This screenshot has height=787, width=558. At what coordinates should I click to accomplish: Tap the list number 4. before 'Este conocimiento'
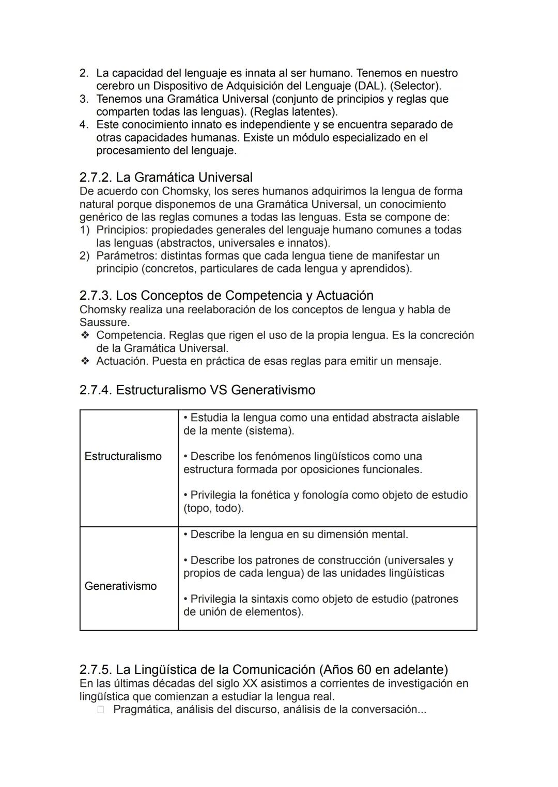84,125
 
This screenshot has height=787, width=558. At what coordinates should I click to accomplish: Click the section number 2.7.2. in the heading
96,178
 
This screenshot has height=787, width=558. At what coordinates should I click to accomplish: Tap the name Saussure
104,323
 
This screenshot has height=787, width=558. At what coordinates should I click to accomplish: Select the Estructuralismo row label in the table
123,456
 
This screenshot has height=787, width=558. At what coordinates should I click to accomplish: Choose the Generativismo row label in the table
120,586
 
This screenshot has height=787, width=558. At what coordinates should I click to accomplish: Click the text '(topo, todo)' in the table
213,508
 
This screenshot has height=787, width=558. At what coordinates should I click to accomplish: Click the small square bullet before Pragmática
101,710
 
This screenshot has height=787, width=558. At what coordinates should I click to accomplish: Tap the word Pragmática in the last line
142,710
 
